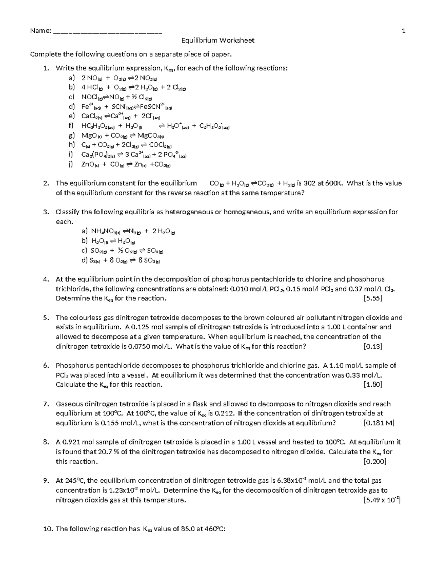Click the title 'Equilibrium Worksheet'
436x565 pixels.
218,40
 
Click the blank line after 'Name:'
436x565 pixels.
108,31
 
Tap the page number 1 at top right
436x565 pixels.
403,31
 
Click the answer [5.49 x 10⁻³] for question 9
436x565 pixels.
381,500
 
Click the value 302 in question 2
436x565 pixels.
310,183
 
